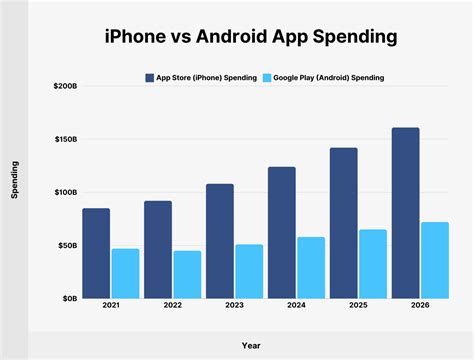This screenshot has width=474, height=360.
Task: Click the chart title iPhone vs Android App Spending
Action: [237, 37]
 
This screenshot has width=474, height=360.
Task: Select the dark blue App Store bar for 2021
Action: [96, 253]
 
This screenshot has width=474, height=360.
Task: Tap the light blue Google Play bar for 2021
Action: [126, 273]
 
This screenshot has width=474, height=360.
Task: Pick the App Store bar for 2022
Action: [158, 249]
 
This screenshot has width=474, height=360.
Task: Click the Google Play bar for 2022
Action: [187, 274]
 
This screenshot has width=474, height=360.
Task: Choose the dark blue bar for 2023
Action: [219, 241]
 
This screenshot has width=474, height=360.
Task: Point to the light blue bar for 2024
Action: [310, 267]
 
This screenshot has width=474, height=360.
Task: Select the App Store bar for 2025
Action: [343, 223]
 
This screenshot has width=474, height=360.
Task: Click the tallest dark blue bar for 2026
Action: [405, 213]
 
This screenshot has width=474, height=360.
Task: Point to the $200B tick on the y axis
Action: [62, 87]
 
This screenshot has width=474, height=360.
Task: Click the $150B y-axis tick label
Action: [62, 139]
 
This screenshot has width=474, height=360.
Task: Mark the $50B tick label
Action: [65, 245]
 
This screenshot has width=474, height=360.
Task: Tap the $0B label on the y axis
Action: [67, 298]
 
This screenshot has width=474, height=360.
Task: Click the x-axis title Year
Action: [250, 345]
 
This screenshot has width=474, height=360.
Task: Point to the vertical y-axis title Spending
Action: [15, 181]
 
